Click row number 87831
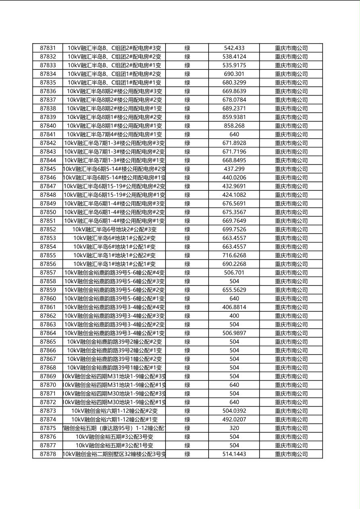48,48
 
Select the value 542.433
234,48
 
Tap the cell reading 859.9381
234,117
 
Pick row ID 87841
48,134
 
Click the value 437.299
234,169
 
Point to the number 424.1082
234,195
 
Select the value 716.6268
234,255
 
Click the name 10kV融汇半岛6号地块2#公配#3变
114,229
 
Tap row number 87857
48,273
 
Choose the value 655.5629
234,290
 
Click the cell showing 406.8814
234,307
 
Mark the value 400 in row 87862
234,316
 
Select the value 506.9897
234,333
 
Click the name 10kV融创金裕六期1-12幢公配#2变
114,411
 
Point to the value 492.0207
234,419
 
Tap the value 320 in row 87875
234,428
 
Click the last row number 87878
48,454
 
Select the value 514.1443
234,454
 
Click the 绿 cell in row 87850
187,212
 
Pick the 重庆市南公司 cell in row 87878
291,454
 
